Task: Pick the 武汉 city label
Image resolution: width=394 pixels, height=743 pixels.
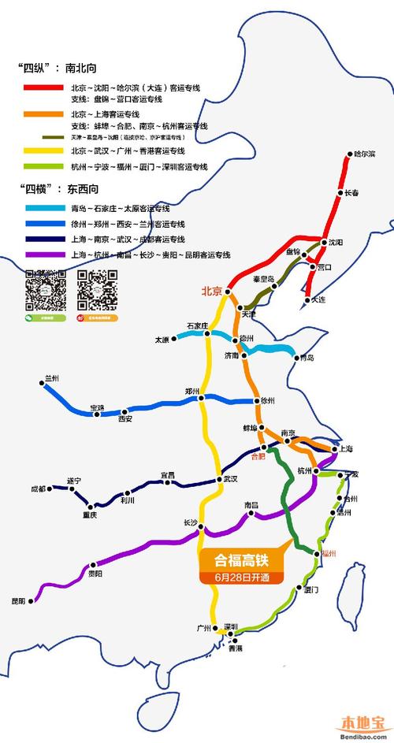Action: (229, 478)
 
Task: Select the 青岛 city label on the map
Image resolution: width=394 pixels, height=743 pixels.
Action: (305, 358)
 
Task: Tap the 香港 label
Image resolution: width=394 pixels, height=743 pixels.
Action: (236, 648)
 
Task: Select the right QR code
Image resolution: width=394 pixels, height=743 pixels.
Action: (98, 289)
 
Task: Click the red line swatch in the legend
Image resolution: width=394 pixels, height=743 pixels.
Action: (43, 87)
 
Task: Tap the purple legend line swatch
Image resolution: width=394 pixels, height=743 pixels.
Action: (43, 254)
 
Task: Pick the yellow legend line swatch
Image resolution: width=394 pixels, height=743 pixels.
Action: (43, 150)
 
